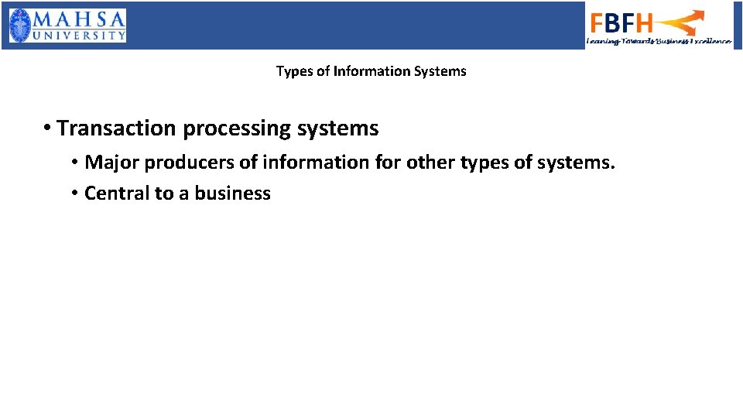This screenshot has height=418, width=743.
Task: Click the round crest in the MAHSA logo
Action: pyautogui.click(x=21, y=25)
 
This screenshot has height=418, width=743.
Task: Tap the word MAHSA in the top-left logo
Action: pyautogui.click(x=79, y=18)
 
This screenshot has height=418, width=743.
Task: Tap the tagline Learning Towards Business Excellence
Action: pyautogui.click(x=659, y=41)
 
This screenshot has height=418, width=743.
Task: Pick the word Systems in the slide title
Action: pyautogui.click(x=440, y=71)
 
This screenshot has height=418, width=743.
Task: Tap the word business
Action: pyautogui.click(x=232, y=193)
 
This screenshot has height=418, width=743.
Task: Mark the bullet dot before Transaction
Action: pyautogui.click(x=48, y=128)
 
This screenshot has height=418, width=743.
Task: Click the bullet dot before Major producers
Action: pyautogui.click(x=74, y=163)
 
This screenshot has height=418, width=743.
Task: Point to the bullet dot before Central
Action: pyautogui.click(x=74, y=193)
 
